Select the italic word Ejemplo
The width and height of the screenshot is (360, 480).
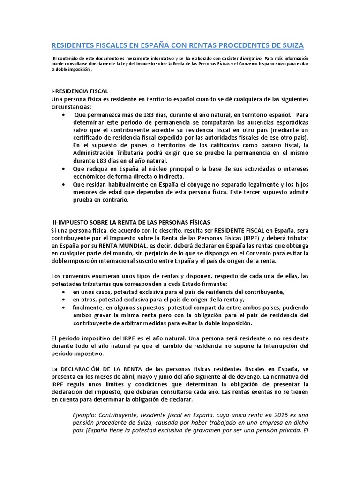(x=86, y=415)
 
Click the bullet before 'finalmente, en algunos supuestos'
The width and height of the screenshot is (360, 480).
(x=64, y=307)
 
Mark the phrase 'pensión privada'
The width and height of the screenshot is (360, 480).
(x=273, y=431)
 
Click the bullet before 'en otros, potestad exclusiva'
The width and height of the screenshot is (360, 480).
(x=64, y=300)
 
